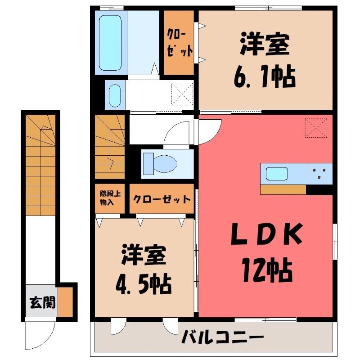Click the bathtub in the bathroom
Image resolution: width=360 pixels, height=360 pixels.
pyautogui.click(x=110, y=43)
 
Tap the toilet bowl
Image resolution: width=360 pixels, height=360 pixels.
pyautogui.click(x=165, y=164)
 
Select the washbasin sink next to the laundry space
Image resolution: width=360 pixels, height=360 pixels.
pyautogui.click(x=115, y=95)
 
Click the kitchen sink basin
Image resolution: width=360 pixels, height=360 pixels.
pyautogui.click(x=277, y=174)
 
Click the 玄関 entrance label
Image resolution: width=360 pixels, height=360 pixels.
pyautogui.click(x=42, y=302)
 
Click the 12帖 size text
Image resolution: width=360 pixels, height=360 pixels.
pyautogui.click(x=267, y=270)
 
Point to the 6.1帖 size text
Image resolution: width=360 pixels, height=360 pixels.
pyautogui.click(x=265, y=76)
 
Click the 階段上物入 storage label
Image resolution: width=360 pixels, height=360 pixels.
pyautogui.click(x=110, y=198)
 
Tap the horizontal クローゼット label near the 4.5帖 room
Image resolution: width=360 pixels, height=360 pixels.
pyautogui.click(x=162, y=199)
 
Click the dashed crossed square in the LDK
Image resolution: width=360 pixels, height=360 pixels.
pyautogui.click(x=316, y=128)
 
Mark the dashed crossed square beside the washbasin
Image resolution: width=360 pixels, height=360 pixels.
pyautogui.click(x=183, y=94)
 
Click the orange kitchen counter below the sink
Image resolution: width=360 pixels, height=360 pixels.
pyautogui.click(x=283, y=189)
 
